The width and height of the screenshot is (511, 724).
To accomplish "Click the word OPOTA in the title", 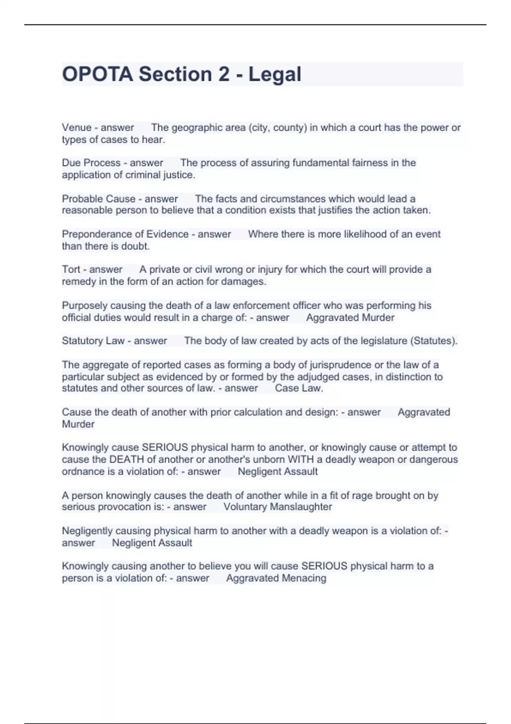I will [x=98, y=74].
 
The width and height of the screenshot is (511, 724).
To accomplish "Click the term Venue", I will [x=77, y=127].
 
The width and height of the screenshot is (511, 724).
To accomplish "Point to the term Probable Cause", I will [x=98, y=198].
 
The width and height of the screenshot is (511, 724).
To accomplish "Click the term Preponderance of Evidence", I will [x=125, y=234].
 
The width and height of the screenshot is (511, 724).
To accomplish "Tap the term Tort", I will [x=71, y=269].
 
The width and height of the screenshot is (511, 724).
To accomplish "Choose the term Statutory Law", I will [x=93, y=341].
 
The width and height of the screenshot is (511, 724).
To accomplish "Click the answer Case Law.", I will [x=299, y=388].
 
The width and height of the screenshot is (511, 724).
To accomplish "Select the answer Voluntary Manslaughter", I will [x=278, y=507].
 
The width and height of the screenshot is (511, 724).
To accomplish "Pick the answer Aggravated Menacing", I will [x=276, y=578].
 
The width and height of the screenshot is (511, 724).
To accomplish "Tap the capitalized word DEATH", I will [x=126, y=460].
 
